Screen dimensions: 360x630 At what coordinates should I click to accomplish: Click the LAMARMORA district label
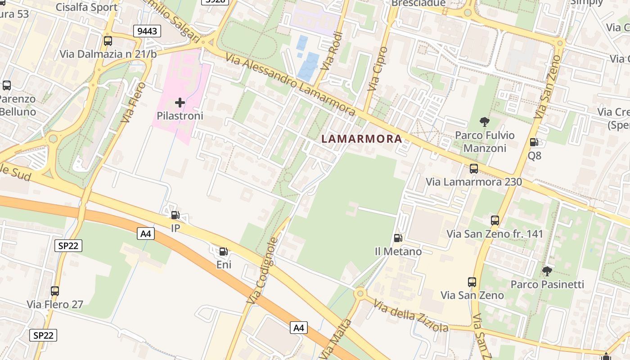pos(362,139)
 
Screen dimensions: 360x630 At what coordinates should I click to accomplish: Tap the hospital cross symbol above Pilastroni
pos(180,103)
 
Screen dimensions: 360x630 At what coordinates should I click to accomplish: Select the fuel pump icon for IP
pos(175,215)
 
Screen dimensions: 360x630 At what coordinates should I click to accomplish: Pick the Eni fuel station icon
pos(223,252)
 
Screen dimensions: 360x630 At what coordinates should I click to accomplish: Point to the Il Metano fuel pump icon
pos(398,238)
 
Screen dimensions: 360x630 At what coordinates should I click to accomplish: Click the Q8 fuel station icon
pos(534,143)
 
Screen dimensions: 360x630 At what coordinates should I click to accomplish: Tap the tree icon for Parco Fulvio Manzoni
pos(485,121)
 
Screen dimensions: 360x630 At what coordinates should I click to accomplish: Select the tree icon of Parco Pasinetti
pos(547,271)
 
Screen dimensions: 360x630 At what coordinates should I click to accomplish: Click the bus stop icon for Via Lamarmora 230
pos(474,169)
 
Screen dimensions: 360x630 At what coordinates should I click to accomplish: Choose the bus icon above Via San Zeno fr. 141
pos(495,220)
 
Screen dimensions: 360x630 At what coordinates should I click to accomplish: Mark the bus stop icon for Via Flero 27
pos(55,291)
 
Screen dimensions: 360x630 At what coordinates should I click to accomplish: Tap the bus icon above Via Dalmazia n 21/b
pos(108,41)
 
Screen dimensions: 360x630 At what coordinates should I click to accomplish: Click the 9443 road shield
pos(147,31)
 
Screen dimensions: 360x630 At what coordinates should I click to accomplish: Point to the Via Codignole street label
pos(262,270)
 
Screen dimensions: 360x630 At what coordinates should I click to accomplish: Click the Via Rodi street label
pos(333,50)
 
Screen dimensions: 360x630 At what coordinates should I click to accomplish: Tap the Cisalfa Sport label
pos(86,7)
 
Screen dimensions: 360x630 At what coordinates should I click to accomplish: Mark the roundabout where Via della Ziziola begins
pos(360,294)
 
